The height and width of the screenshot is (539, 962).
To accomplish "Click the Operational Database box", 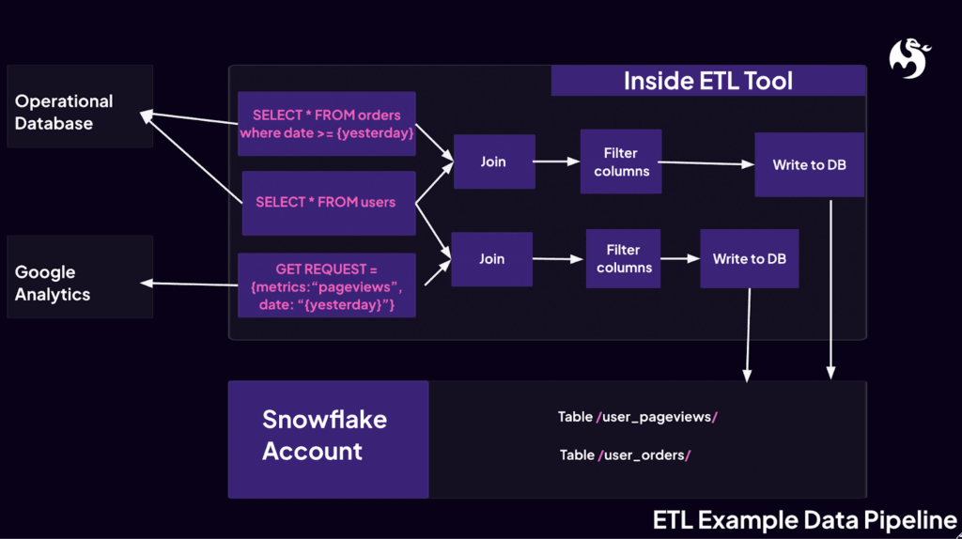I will (80, 106).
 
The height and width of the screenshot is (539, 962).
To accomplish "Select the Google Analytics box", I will (80, 277).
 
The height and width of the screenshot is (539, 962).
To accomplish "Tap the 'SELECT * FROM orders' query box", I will (326, 124).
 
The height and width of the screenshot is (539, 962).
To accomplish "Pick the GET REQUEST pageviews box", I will (326, 285).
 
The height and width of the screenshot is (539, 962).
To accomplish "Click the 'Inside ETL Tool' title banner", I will (707, 81).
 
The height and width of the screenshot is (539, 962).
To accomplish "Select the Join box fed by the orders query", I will (494, 162).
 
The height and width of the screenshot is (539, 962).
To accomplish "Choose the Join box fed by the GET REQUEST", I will (491, 258).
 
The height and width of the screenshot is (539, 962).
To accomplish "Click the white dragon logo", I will (908, 57).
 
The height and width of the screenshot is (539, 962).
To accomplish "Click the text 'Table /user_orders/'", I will (626, 455).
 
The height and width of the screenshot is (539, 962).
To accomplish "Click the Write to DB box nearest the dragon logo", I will (809, 165).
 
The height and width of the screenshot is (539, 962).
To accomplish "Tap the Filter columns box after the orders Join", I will (621, 162).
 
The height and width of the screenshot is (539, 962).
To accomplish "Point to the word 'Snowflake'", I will (324, 420).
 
